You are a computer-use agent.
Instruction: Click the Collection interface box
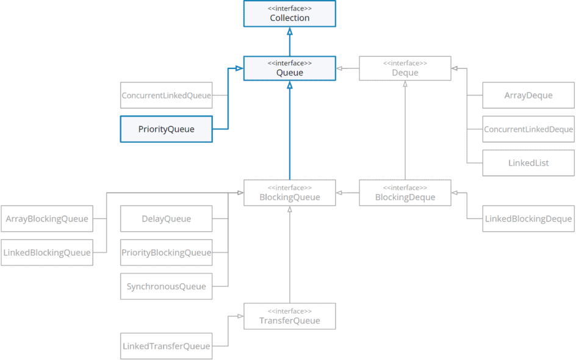point(289,13)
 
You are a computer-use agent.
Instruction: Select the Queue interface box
point(289,68)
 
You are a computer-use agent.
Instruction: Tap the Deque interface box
point(405,68)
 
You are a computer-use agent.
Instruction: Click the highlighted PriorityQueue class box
point(166,129)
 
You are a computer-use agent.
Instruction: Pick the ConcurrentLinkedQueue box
point(166,95)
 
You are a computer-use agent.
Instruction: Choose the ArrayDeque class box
point(528,95)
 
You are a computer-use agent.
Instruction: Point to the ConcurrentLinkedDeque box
point(528,129)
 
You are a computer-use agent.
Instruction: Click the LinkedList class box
point(528,163)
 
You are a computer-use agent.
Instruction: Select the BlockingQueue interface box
point(289,193)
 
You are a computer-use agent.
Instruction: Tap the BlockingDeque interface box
point(405,193)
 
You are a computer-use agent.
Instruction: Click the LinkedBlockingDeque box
point(528,218)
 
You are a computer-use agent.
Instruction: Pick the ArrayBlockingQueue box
point(47,218)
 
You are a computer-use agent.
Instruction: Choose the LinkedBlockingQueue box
point(47,253)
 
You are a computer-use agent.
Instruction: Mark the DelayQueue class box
point(166,218)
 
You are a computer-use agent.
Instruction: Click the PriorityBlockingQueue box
point(166,253)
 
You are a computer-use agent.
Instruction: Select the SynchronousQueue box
point(166,286)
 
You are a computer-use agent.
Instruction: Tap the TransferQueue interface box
point(289,316)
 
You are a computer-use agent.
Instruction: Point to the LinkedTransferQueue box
point(166,346)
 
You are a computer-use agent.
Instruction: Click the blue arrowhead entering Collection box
point(289,31)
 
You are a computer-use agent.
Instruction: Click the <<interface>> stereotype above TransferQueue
point(289,311)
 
